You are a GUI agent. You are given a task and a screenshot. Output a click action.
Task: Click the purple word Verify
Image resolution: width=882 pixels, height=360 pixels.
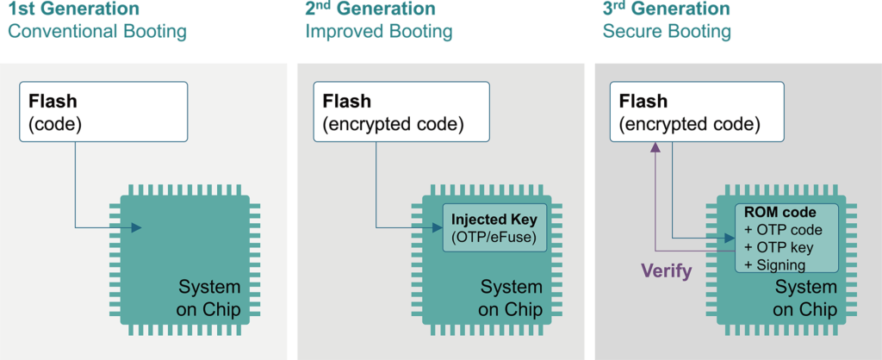(x=667, y=271)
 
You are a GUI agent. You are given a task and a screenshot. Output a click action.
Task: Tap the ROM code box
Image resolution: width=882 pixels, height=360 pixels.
(x=786, y=238)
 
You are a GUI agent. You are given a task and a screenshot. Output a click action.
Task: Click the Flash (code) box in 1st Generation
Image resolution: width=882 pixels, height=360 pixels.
(x=103, y=112)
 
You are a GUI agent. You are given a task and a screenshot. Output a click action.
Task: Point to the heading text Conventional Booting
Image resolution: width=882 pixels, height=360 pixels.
(x=97, y=33)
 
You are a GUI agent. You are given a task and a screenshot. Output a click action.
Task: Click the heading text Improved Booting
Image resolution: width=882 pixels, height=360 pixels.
(x=379, y=33)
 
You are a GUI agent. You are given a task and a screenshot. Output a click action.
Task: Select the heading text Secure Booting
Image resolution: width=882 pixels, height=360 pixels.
(x=668, y=33)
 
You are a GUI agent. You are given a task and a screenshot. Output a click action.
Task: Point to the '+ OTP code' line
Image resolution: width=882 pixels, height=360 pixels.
(x=784, y=231)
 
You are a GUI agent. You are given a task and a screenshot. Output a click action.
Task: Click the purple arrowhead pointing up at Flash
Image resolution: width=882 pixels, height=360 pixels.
(x=655, y=148)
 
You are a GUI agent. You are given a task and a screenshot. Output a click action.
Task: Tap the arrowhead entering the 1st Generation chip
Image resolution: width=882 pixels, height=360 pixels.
(x=135, y=227)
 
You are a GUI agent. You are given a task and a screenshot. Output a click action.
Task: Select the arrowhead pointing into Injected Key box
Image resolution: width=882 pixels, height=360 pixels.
(x=437, y=227)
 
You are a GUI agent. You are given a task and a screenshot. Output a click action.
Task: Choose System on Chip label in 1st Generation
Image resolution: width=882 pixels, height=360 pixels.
(x=209, y=298)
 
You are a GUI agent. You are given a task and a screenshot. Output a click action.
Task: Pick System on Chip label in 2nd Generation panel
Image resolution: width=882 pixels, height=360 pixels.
(x=511, y=298)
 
